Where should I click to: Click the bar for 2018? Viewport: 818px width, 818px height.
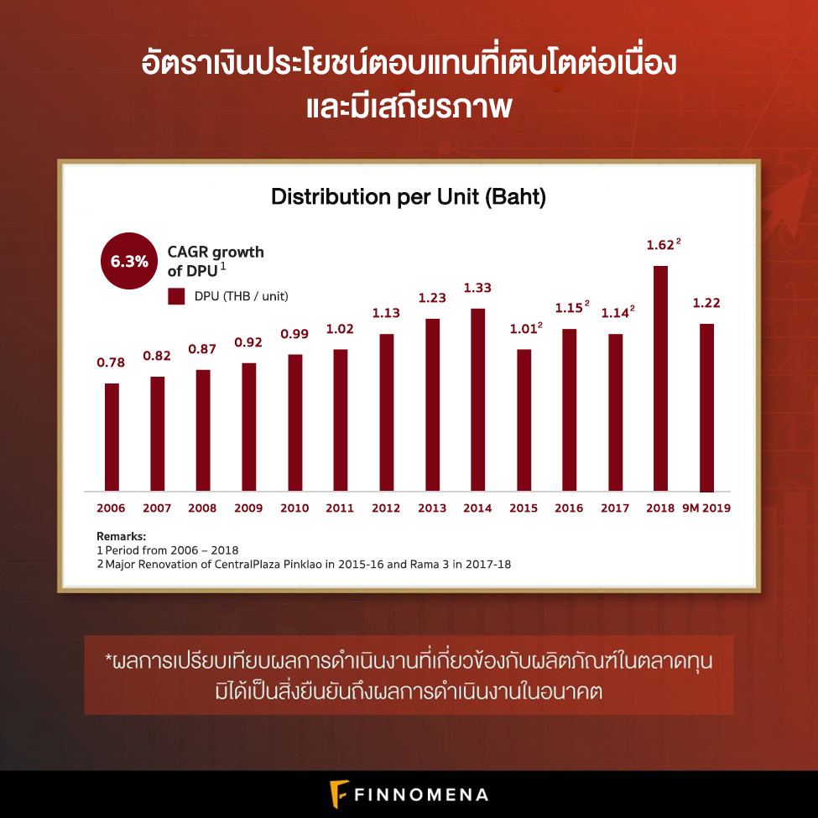(x=660, y=378)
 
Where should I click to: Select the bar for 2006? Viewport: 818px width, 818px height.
(x=112, y=437)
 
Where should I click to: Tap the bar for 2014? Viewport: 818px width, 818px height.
(x=477, y=399)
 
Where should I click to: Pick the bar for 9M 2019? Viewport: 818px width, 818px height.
(x=706, y=408)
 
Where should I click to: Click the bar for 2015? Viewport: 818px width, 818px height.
(x=524, y=419)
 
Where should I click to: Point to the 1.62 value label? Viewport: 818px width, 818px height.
(x=660, y=246)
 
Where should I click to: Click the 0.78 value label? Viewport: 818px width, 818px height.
(x=111, y=362)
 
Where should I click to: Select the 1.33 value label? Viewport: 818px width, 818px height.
(x=477, y=288)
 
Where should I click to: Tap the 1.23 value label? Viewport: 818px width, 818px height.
(x=432, y=298)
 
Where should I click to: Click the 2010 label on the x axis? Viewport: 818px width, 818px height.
(x=294, y=508)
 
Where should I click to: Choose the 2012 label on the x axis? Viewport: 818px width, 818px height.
(x=386, y=508)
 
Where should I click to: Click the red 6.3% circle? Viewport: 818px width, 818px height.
(x=129, y=261)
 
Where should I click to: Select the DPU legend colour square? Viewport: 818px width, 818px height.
(x=176, y=296)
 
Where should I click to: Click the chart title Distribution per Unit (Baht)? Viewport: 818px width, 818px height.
(x=409, y=198)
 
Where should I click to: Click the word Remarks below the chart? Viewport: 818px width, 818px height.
(x=121, y=535)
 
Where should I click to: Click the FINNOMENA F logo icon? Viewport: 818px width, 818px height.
(x=339, y=794)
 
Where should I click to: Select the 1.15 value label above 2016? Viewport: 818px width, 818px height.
(x=568, y=308)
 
